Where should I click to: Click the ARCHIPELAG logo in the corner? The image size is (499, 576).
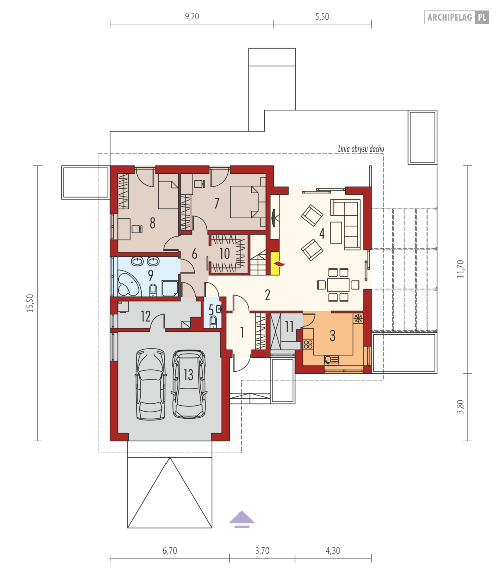click(x=456, y=18)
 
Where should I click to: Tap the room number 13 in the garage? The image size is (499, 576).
click(x=188, y=375)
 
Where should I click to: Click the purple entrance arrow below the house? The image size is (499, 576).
click(x=242, y=519)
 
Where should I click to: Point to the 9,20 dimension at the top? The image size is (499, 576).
click(x=192, y=16)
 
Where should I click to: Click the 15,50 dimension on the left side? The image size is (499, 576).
click(x=30, y=303)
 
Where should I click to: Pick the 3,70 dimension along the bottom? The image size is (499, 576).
click(x=262, y=551)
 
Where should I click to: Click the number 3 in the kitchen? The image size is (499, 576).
click(x=332, y=336)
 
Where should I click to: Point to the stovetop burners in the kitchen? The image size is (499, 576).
click(x=308, y=344)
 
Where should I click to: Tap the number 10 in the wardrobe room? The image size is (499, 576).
click(x=225, y=254)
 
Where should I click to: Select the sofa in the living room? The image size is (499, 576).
click(x=348, y=223)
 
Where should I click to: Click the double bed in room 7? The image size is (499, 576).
click(x=247, y=202)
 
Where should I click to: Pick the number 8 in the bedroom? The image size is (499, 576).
click(x=152, y=223)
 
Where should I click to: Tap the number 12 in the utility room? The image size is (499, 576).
click(x=145, y=316)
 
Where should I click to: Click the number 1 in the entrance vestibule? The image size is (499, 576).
click(x=242, y=332)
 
